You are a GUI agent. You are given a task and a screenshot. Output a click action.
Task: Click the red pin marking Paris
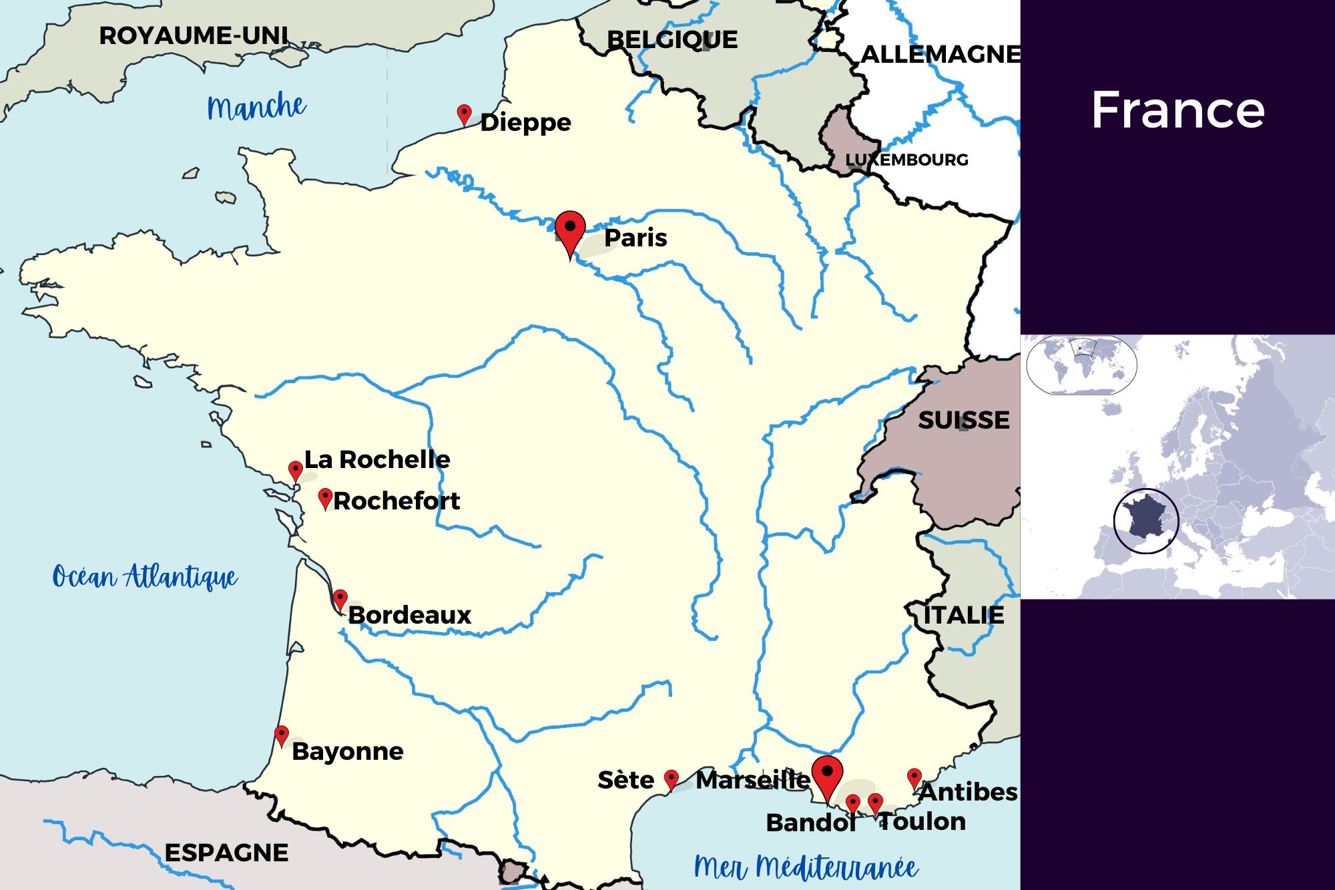coord(570,230)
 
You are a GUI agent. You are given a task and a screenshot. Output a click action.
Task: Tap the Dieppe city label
coord(525,122)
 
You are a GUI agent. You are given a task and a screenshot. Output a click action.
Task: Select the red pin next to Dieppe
coord(464,114)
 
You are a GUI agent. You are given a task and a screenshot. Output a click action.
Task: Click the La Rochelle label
coord(377,459)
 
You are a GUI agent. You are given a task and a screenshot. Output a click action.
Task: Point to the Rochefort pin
coord(325,497)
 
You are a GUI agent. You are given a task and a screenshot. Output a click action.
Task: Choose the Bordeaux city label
coord(410,615)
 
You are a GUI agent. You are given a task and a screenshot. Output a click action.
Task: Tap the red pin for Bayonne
coord(282,734)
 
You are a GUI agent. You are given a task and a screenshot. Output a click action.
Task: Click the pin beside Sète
coord(672,778)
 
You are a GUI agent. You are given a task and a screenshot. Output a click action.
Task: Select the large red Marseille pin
coord(827,775)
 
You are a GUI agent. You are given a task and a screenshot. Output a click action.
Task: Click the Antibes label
coord(969,792)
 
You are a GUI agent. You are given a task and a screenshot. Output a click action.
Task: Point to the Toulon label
coord(922,821)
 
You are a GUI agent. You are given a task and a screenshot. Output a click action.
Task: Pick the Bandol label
coord(810,823)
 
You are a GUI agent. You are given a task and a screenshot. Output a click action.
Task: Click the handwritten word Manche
coord(256,107)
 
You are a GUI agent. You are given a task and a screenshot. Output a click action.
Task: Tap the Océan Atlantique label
coord(145,577)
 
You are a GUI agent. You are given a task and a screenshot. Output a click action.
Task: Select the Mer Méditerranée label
coord(806,867)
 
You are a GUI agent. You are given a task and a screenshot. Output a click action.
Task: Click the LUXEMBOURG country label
coord(906,160)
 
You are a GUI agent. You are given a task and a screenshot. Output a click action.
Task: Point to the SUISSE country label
coord(963,420)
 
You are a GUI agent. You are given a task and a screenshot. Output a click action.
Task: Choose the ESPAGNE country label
coord(226,853)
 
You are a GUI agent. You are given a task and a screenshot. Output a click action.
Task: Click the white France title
coord(1177,110)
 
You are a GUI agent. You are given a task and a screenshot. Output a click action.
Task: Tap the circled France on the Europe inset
coord(1146,521)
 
